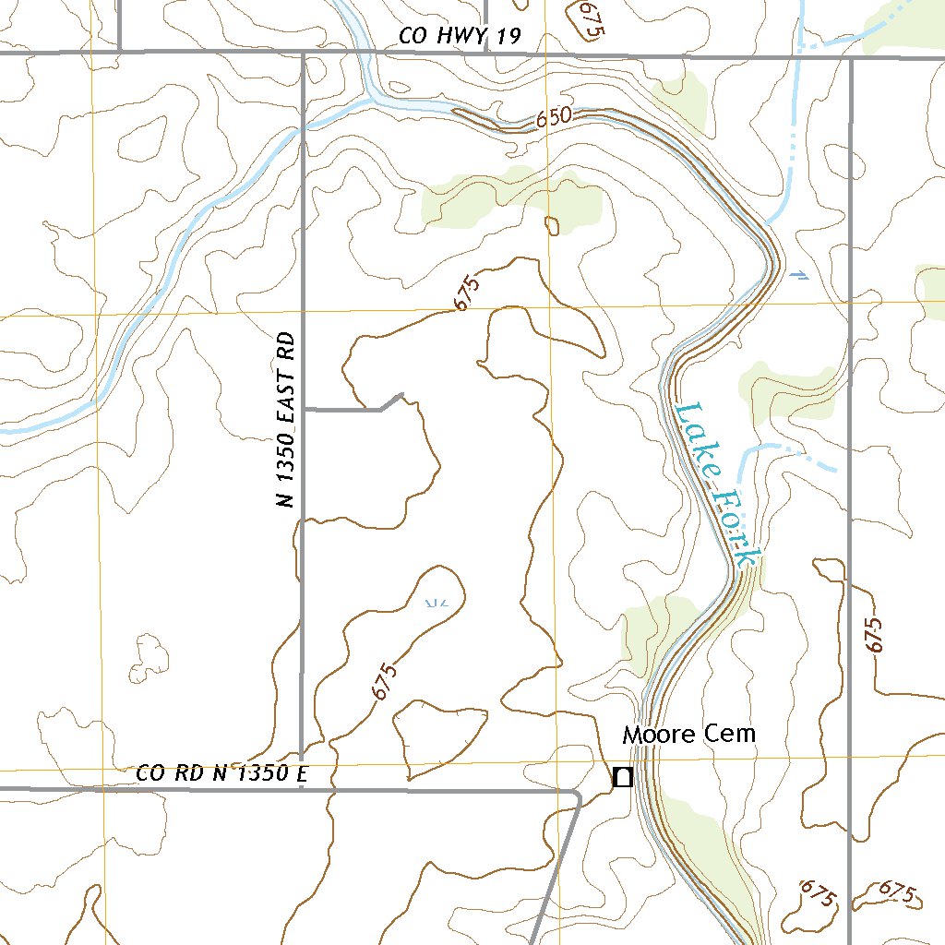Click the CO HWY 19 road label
(461, 37)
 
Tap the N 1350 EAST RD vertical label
(288, 420)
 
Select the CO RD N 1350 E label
(221, 773)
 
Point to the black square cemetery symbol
(623, 778)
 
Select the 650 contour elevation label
(554, 118)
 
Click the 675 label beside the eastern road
(874, 635)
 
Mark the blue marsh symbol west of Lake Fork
(437, 603)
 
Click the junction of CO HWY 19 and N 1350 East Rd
(304, 55)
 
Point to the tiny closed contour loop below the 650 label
(552, 225)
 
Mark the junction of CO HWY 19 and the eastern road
(850, 58)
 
